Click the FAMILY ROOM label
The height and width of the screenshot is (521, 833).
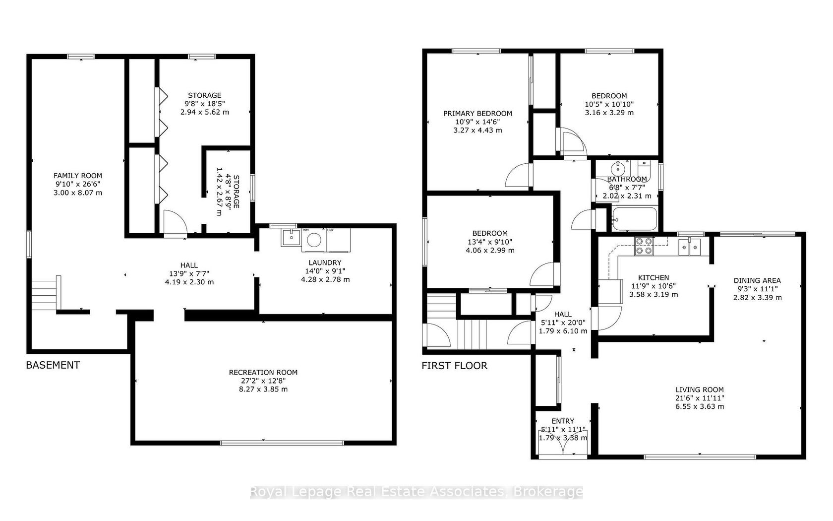point(78,176)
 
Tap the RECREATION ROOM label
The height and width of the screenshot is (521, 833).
point(263,372)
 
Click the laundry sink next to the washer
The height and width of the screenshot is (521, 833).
point(291,237)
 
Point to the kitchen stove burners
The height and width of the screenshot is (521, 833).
point(644,246)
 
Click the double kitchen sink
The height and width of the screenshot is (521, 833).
point(689,247)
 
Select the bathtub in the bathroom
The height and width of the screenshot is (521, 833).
point(635,219)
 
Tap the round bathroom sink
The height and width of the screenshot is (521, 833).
point(618,168)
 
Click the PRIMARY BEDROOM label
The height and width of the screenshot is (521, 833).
point(477,114)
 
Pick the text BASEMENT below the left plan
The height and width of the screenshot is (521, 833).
point(53,365)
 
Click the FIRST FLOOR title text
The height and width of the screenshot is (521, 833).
point(454,365)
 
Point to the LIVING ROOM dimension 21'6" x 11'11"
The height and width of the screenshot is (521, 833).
point(700,398)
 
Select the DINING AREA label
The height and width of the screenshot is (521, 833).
point(757,281)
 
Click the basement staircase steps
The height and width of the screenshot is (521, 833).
point(44,296)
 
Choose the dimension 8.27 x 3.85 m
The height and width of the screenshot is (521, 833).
point(263,389)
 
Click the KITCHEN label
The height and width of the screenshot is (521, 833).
point(654,278)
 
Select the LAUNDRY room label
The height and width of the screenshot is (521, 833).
point(325,262)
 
